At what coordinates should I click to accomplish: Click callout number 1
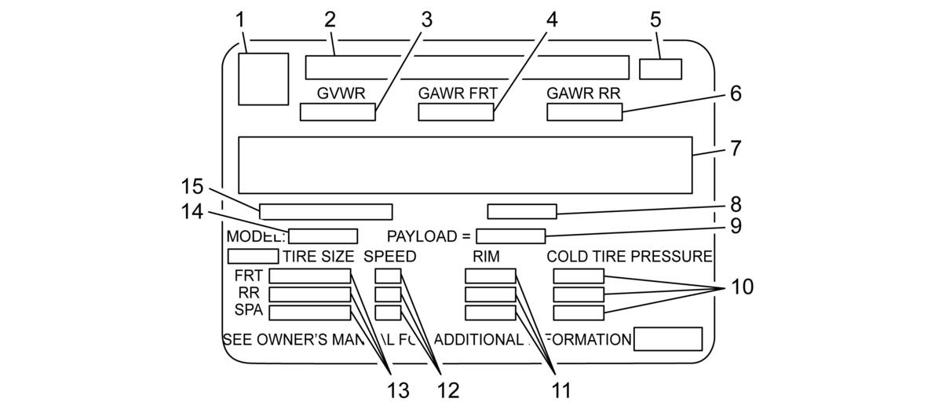(240, 20)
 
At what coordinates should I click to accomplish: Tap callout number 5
(655, 20)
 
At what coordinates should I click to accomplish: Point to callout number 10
(743, 287)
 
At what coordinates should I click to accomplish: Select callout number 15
(192, 186)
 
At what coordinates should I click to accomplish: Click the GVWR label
(341, 93)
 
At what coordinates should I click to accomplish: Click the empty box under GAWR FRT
(456, 112)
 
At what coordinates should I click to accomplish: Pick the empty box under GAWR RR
(585, 112)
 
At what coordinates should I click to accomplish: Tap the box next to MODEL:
(323, 236)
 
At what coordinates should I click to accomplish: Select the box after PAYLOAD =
(510, 236)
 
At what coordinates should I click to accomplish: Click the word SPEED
(390, 257)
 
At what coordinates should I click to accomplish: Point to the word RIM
(486, 257)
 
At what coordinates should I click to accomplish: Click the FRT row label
(249, 276)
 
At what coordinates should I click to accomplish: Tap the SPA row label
(249, 310)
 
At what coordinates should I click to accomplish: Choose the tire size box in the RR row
(310, 294)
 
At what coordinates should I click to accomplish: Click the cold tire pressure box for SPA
(579, 313)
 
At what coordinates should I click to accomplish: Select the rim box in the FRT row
(491, 276)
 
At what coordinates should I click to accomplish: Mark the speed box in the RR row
(388, 294)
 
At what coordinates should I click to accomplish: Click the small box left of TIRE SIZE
(253, 256)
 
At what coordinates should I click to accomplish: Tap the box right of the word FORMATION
(668, 339)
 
